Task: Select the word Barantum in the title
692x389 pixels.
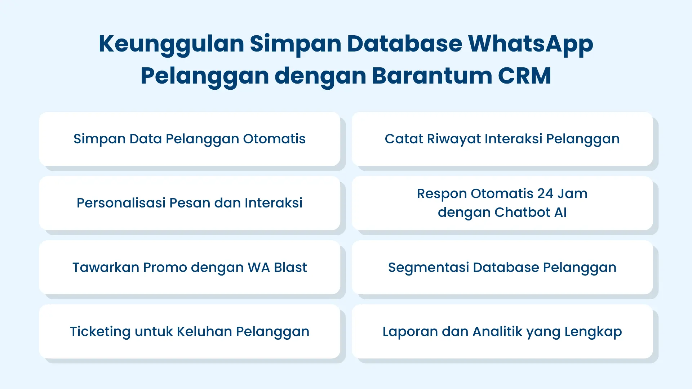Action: [x=432, y=76]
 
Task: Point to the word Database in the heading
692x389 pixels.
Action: [x=404, y=44]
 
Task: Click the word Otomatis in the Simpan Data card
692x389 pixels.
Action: [x=274, y=139]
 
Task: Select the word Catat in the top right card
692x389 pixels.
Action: [x=403, y=139]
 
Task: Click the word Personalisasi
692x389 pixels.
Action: [x=121, y=203]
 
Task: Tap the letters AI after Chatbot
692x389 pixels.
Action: [x=560, y=213]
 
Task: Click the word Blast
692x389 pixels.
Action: [x=290, y=268]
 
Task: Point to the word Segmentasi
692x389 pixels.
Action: [x=428, y=268]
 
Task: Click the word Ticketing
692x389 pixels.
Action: [x=100, y=332]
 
